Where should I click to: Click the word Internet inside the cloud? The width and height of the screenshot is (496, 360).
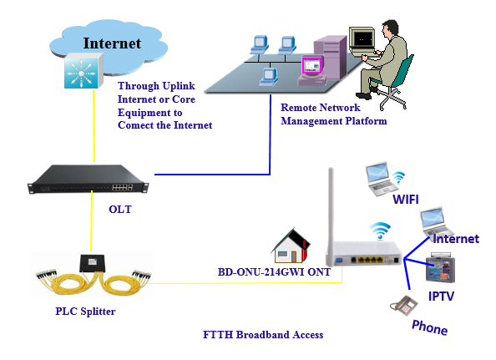[112, 43]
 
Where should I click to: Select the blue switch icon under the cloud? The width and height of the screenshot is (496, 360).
[84, 70]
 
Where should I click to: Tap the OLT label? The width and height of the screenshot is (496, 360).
[120, 210]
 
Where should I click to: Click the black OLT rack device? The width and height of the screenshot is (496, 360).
[89, 179]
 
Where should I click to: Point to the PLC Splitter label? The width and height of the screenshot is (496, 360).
[85, 312]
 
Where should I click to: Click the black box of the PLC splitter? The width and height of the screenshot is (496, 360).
[92, 263]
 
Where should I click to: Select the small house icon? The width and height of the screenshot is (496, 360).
[291, 246]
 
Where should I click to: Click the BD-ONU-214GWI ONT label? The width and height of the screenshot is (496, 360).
[274, 271]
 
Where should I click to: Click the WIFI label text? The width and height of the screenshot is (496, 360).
[406, 200]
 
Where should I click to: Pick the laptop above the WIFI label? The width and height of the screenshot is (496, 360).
[380, 179]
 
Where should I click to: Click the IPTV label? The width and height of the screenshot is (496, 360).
[441, 296]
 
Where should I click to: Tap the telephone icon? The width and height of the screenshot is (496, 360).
[404, 305]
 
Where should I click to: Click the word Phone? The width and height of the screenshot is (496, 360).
[429, 327]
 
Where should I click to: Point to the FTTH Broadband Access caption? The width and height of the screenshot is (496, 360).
[263, 335]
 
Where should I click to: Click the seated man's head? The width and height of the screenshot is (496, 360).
[390, 29]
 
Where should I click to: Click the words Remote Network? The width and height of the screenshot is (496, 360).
[320, 108]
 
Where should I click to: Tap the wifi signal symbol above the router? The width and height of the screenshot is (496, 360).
[380, 231]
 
